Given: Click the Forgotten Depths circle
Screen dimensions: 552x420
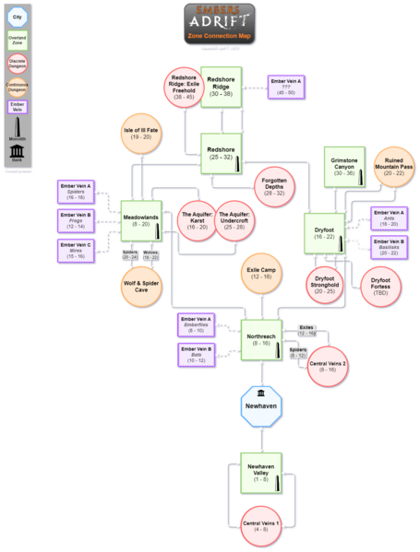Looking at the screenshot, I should click(x=274, y=190).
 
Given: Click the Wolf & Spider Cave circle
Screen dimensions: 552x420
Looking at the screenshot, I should click(x=141, y=284).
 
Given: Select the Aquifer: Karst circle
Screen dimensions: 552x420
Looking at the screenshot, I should click(x=198, y=222).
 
